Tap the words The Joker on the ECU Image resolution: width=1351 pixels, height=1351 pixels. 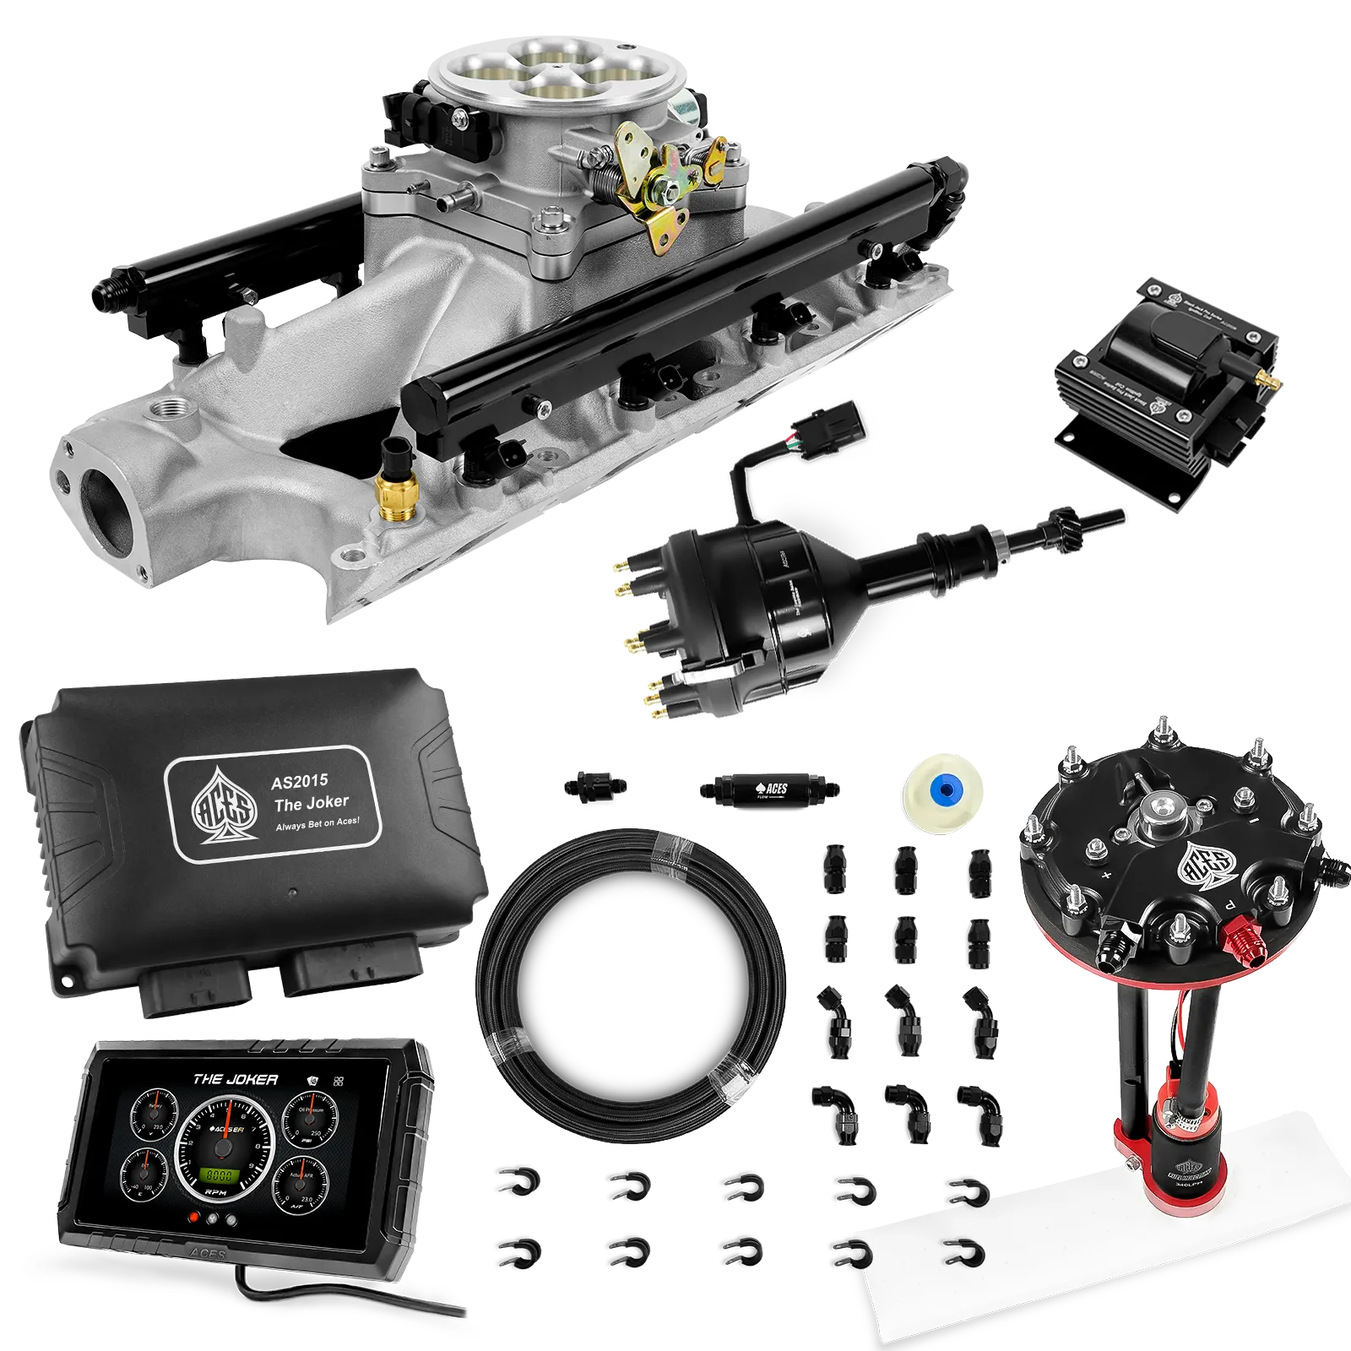tap(310, 801)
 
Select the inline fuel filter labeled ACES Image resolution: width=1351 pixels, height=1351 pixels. tap(768, 789)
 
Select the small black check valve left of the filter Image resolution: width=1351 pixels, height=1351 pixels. tap(594, 786)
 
